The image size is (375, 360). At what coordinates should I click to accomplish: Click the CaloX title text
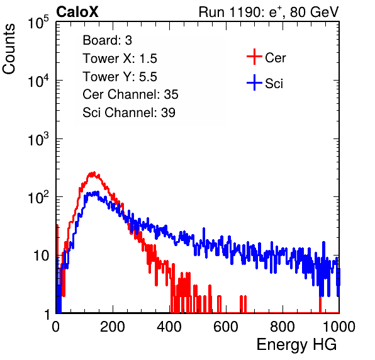[x=77, y=12]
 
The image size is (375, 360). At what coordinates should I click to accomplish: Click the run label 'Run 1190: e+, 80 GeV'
[x=269, y=12]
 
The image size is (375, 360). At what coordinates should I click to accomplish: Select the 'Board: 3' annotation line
[x=107, y=40]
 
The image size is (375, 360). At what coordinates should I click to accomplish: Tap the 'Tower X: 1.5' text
[x=120, y=59]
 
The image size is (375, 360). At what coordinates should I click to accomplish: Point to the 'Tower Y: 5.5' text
[x=120, y=77]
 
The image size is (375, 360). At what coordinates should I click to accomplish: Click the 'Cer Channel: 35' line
[x=130, y=94]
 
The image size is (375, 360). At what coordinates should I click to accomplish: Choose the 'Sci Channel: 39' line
[x=129, y=113]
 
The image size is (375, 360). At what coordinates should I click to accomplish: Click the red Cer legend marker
[x=254, y=57]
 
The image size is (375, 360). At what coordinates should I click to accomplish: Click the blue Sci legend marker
[x=254, y=82]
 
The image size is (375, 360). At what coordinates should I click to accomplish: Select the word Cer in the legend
[x=275, y=58]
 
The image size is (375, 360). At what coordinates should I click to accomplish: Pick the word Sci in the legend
[x=274, y=84]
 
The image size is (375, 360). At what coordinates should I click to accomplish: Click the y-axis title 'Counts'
[x=9, y=48]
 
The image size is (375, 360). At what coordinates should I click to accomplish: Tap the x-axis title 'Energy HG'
[x=296, y=344]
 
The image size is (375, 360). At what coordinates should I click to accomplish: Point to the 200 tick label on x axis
[x=113, y=327]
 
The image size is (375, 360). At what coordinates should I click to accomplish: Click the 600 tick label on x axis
[x=226, y=327]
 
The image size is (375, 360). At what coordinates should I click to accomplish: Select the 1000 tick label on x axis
[x=339, y=327]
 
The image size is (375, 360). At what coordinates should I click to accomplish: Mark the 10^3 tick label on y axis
[x=38, y=139]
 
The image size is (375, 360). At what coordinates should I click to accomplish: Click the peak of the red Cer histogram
[x=94, y=172]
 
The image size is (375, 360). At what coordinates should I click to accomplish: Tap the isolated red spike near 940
[x=320, y=304]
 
